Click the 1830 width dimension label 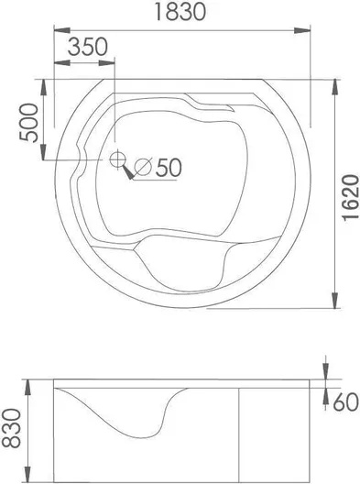coord(180,12)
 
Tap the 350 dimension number coord(88,47)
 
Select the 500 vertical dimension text coord(29,123)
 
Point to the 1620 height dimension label coord(351,197)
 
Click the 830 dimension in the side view coord(11,428)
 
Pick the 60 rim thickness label coord(346,402)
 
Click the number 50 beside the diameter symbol coord(169,168)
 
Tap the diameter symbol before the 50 coord(144,167)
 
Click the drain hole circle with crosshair coord(117,159)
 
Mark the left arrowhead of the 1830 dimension coord(62,30)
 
